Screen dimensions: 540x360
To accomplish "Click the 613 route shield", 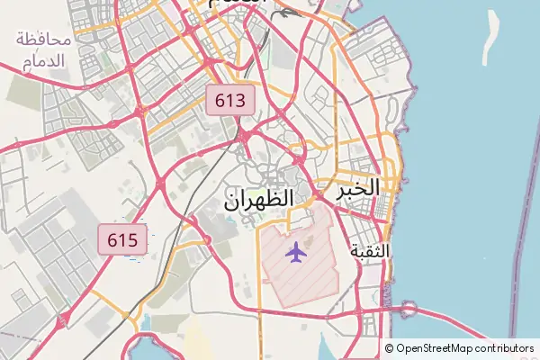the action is [x=230, y=100].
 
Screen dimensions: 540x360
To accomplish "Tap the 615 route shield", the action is [x=121, y=239].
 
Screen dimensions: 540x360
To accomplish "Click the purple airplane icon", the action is [x=295, y=251].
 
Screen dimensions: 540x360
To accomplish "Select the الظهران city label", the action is [x=257, y=199].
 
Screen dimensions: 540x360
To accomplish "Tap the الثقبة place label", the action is [x=370, y=251].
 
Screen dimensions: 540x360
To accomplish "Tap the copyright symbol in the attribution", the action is [x=390, y=348].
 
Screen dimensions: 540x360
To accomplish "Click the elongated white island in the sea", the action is [x=491, y=38].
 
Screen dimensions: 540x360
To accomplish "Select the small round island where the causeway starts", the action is [x=410, y=309].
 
